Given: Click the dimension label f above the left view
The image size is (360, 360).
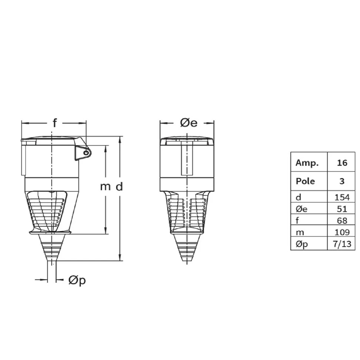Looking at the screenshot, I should pyautogui.click(x=54, y=123).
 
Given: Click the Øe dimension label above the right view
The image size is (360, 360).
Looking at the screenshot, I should pyautogui.click(x=189, y=123).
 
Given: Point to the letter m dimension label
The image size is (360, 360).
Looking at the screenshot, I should pyautogui.click(x=105, y=187).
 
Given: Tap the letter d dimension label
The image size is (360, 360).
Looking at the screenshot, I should pyautogui.click(x=119, y=187).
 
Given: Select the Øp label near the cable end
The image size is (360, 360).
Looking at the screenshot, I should pyautogui.click(x=77, y=280).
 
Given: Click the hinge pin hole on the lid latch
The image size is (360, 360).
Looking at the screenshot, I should pyautogui.click(x=86, y=153).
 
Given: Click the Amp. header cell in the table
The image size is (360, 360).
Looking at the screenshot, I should pyautogui.click(x=307, y=163).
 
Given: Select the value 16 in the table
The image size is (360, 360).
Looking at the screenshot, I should pyautogui.click(x=342, y=163).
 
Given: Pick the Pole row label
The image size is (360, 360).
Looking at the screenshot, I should pyautogui.click(x=305, y=181).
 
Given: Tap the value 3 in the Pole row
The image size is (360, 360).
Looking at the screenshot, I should pyautogui.click(x=342, y=181).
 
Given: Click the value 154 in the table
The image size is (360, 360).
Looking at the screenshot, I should pyautogui.click(x=342, y=197).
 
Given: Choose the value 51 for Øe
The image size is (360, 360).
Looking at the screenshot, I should pyautogui.click(x=342, y=209).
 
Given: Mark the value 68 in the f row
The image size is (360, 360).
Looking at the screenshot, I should pyautogui.click(x=342, y=221).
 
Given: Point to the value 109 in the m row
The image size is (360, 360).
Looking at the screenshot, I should pyautogui.click(x=342, y=233).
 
